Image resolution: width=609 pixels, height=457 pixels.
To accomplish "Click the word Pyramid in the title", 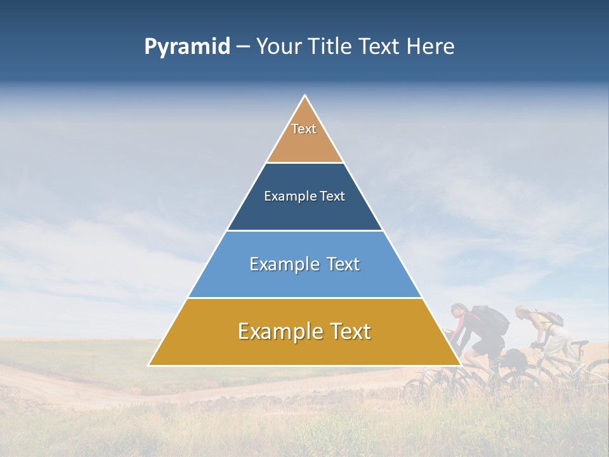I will pyautogui.click(x=187, y=47).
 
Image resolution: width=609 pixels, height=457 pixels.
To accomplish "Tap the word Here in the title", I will pyautogui.click(x=430, y=47).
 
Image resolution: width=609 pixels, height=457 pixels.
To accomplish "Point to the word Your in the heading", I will pyautogui.click(x=278, y=47).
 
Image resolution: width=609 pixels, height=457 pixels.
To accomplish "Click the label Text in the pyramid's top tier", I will pyautogui.click(x=304, y=129).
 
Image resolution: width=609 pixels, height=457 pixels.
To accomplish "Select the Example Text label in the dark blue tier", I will pyautogui.click(x=304, y=196).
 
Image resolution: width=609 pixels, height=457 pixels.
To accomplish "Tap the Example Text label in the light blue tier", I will pyautogui.click(x=304, y=264).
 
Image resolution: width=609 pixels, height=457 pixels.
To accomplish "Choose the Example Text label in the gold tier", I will pyautogui.click(x=304, y=331).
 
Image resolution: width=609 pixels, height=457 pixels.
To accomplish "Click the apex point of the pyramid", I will pyautogui.click(x=305, y=96).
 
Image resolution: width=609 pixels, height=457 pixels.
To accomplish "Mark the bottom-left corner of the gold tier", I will pyautogui.click(x=150, y=365).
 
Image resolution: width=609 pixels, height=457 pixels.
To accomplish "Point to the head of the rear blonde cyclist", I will pyautogui.click(x=521, y=312).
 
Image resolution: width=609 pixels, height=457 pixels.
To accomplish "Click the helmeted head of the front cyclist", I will pyautogui.click(x=458, y=310).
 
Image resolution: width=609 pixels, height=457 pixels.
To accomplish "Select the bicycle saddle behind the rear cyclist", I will pyautogui.click(x=579, y=343).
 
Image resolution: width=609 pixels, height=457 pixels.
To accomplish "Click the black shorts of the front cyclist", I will pyautogui.click(x=488, y=347).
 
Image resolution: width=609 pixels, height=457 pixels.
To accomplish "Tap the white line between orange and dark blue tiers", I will pyautogui.click(x=304, y=163).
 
